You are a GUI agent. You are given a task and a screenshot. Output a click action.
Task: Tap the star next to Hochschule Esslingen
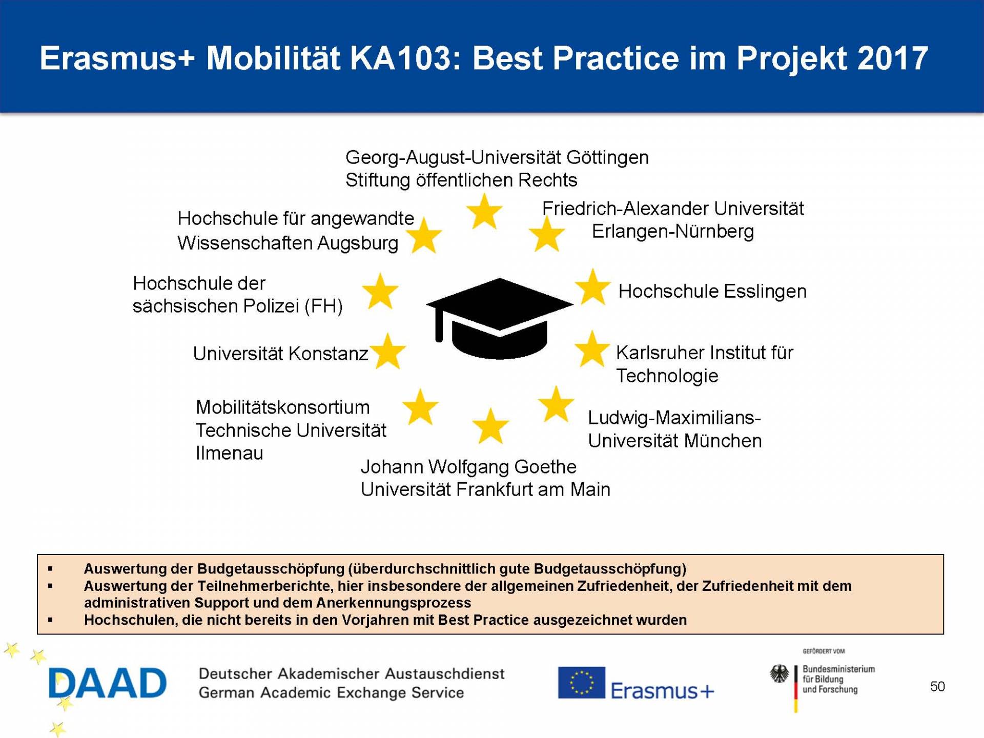click(592, 288)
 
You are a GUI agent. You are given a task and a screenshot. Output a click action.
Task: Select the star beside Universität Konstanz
click(388, 352)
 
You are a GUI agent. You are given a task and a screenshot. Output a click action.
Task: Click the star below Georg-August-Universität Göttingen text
click(484, 212)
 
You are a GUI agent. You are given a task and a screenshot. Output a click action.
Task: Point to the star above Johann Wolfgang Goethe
click(490, 426)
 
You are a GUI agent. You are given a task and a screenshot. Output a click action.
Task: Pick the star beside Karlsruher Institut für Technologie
click(592, 350)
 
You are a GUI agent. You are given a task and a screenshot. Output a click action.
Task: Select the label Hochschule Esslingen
click(712, 291)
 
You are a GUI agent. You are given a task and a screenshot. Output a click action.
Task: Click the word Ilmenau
click(229, 453)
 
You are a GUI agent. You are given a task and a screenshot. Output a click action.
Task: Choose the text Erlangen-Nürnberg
click(672, 231)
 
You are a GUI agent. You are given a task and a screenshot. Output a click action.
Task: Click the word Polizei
click(271, 306)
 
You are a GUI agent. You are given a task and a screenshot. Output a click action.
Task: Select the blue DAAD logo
click(108, 683)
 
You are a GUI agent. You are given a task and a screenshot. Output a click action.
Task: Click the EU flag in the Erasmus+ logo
click(581, 683)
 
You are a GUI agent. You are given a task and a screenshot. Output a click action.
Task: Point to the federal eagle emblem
click(780, 673)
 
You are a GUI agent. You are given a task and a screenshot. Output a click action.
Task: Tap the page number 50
click(937, 686)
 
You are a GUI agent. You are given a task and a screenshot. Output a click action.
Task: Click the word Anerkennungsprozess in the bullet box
click(394, 603)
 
